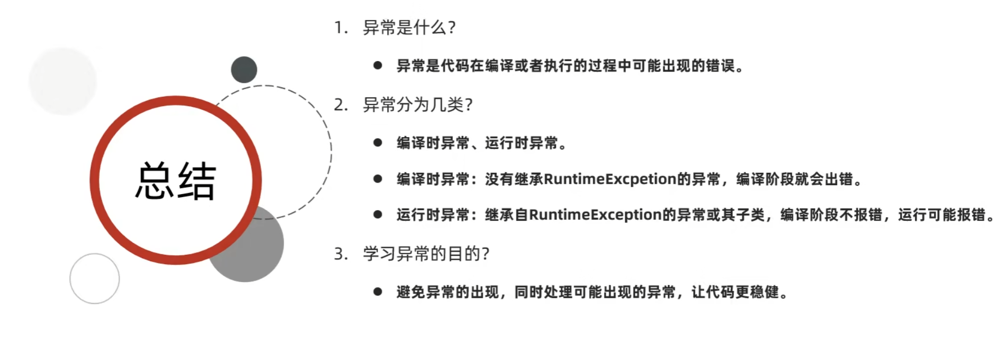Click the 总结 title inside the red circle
(x=175, y=181)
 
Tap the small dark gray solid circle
(x=244, y=70)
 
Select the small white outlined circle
(x=94, y=279)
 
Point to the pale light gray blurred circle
(x=63, y=81)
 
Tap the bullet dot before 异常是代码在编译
(x=378, y=66)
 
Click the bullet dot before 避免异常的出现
(x=378, y=292)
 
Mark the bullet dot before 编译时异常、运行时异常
(x=378, y=143)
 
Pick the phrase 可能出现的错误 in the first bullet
(x=683, y=66)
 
